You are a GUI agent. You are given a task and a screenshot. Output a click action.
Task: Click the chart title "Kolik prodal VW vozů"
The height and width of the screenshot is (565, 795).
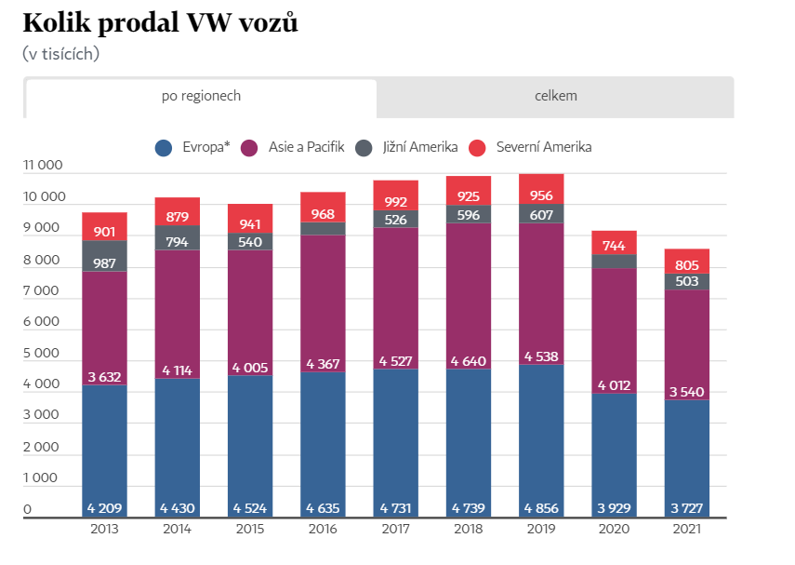[x=160, y=23]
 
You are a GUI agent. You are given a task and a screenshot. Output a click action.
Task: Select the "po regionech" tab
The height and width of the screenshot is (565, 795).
[x=201, y=96]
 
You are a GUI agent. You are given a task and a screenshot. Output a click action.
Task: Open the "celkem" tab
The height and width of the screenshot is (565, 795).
[x=555, y=96]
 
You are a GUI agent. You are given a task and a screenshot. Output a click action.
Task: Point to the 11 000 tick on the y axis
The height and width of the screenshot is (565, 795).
[x=42, y=166]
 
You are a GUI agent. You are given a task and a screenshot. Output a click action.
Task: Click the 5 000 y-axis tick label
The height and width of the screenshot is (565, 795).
[x=42, y=354]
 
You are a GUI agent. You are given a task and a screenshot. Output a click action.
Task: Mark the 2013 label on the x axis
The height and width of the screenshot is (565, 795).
[x=104, y=530]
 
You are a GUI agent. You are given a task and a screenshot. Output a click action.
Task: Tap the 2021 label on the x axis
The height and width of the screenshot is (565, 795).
[x=687, y=530]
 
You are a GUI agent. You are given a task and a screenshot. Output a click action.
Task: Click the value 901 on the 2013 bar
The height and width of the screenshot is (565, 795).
[x=104, y=232]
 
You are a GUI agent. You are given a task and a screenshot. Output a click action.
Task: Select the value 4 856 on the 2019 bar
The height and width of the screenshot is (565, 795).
[x=541, y=508]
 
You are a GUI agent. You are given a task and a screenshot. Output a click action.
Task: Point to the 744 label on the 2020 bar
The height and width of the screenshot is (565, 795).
[x=614, y=246]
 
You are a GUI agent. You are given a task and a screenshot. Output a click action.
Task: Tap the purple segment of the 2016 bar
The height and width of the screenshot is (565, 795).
[x=323, y=298]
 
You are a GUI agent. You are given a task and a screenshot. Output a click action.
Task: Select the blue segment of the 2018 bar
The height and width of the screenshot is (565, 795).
[x=468, y=437]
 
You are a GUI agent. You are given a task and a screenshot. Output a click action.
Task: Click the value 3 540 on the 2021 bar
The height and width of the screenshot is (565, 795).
[x=687, y=392]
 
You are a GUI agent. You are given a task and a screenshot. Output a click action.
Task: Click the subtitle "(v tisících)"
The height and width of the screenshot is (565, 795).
[x=60, y=53]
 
